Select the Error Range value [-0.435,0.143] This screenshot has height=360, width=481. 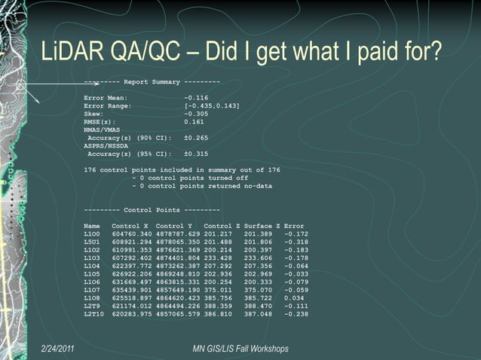click(x=212, y=105)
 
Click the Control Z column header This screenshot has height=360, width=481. click(x=222, y=226)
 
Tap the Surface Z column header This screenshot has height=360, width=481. click(x=262, y=226)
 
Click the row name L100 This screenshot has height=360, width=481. click(x=92, y=234)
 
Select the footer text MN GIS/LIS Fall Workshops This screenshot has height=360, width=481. click(x=240, y=348)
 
